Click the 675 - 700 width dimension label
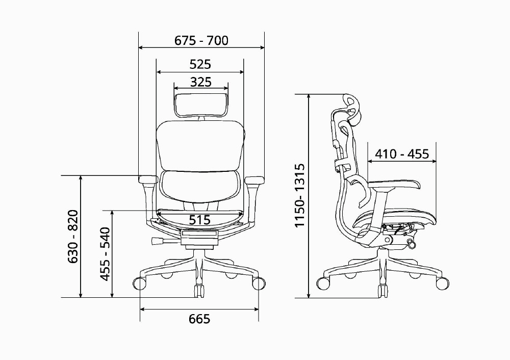point(201,41)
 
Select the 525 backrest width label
point(200,64)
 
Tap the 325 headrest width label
point(200,82)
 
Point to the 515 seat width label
point(200,220)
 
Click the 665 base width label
point(199,319)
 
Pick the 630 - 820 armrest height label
point(73,237)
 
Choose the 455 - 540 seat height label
point(105,254)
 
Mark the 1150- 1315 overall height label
point(299,196)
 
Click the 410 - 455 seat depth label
point(402,154)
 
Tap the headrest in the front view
point(201,105)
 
